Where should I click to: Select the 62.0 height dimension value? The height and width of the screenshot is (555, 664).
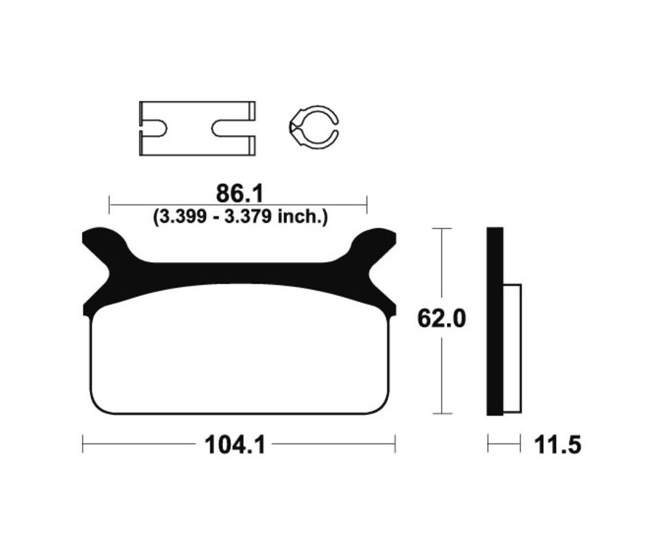tap(441, 320)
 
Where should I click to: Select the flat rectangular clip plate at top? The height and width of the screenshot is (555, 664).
tap(197, 128)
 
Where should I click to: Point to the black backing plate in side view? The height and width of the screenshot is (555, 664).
tap(495, 322)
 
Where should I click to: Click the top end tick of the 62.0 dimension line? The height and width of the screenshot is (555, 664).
tap(441, 229)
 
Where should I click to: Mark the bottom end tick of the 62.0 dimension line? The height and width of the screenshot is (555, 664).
tap(441, 414)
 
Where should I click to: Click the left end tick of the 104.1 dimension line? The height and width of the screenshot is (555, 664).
tap(83, 444)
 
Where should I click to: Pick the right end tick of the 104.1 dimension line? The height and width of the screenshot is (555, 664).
tap(395, 444)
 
